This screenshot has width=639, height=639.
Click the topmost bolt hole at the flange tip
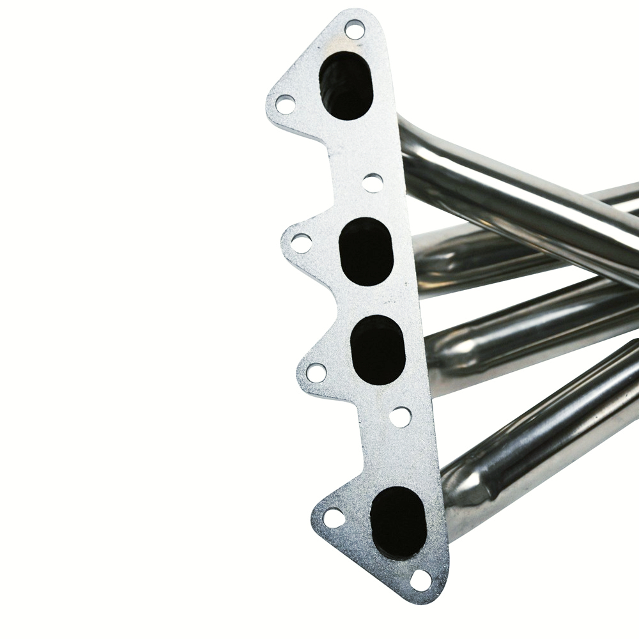[354, 29]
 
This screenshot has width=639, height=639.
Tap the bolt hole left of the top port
[285, 104]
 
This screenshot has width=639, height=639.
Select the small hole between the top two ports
[373, 183]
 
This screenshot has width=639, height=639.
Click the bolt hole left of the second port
[301, 243]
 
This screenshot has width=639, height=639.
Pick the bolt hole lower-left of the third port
[316, 373]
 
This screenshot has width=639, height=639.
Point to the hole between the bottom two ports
[400, 417]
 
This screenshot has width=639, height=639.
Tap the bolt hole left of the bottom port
[334, 518]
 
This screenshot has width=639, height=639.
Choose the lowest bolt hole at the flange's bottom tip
[420, 580]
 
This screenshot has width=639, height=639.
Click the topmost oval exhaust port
[345, 85]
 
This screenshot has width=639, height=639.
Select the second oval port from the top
[366, 251]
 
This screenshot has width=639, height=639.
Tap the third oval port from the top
[378, 350]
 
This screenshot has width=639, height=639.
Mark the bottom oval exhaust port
[398, 523]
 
